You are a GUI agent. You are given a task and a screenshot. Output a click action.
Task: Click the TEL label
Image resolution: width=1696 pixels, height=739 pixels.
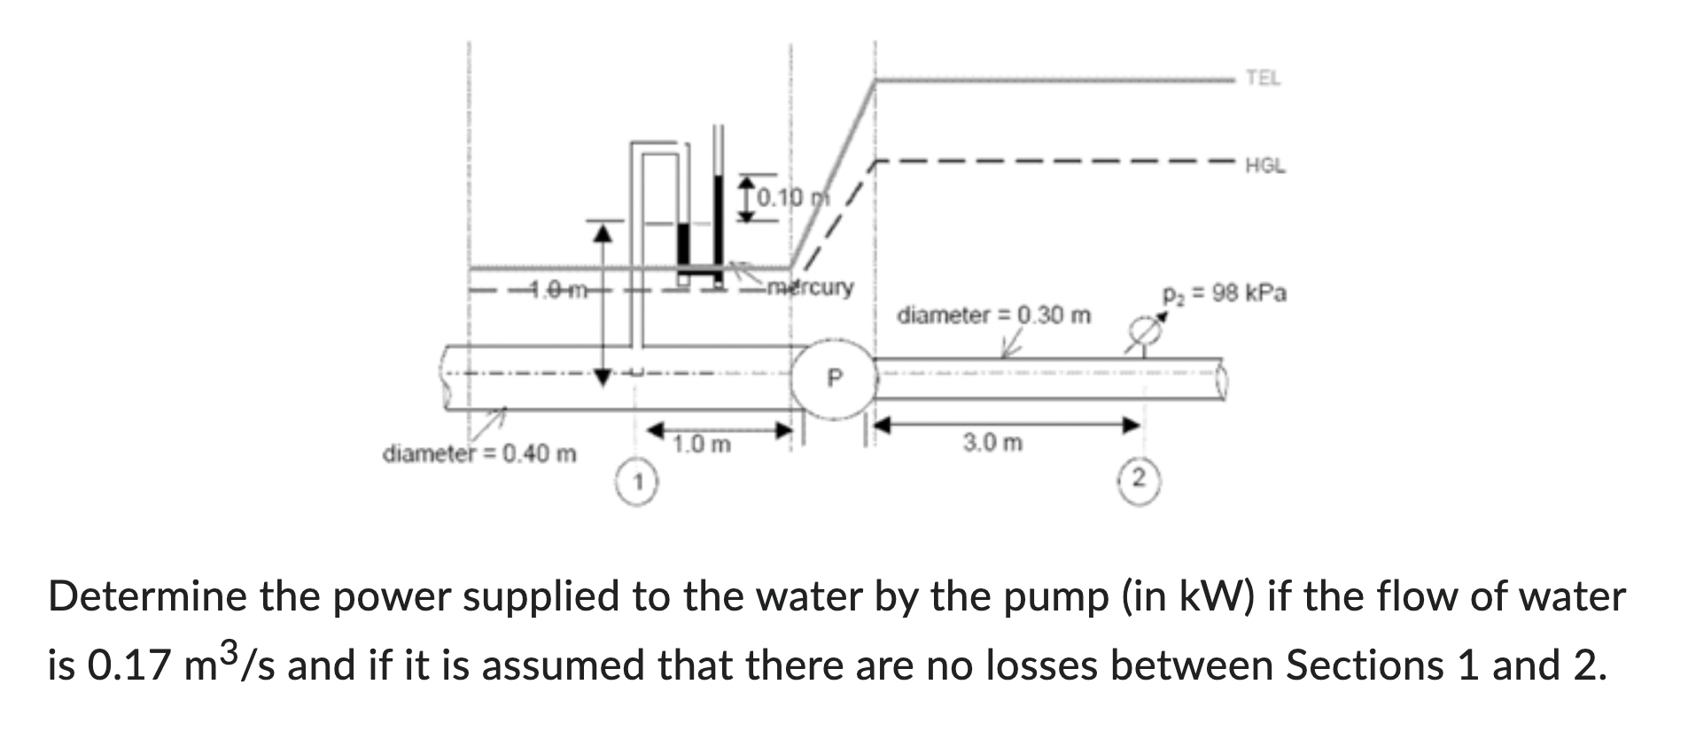coord(1263,78)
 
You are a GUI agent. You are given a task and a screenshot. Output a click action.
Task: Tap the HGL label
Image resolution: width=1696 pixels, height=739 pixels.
coord(1265,166)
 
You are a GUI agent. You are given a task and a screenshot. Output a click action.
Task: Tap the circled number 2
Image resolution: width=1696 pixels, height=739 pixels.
coord(1140,479)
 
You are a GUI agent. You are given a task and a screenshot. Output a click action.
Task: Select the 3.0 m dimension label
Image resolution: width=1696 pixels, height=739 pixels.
coord(992,441)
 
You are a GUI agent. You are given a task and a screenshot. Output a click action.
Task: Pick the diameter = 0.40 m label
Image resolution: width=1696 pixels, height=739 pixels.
coord(479,455)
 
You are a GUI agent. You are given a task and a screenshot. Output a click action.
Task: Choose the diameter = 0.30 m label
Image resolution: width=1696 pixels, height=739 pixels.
coord(994,315)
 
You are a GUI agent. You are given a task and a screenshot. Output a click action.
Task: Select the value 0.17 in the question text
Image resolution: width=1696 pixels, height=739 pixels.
coord(131,665)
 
